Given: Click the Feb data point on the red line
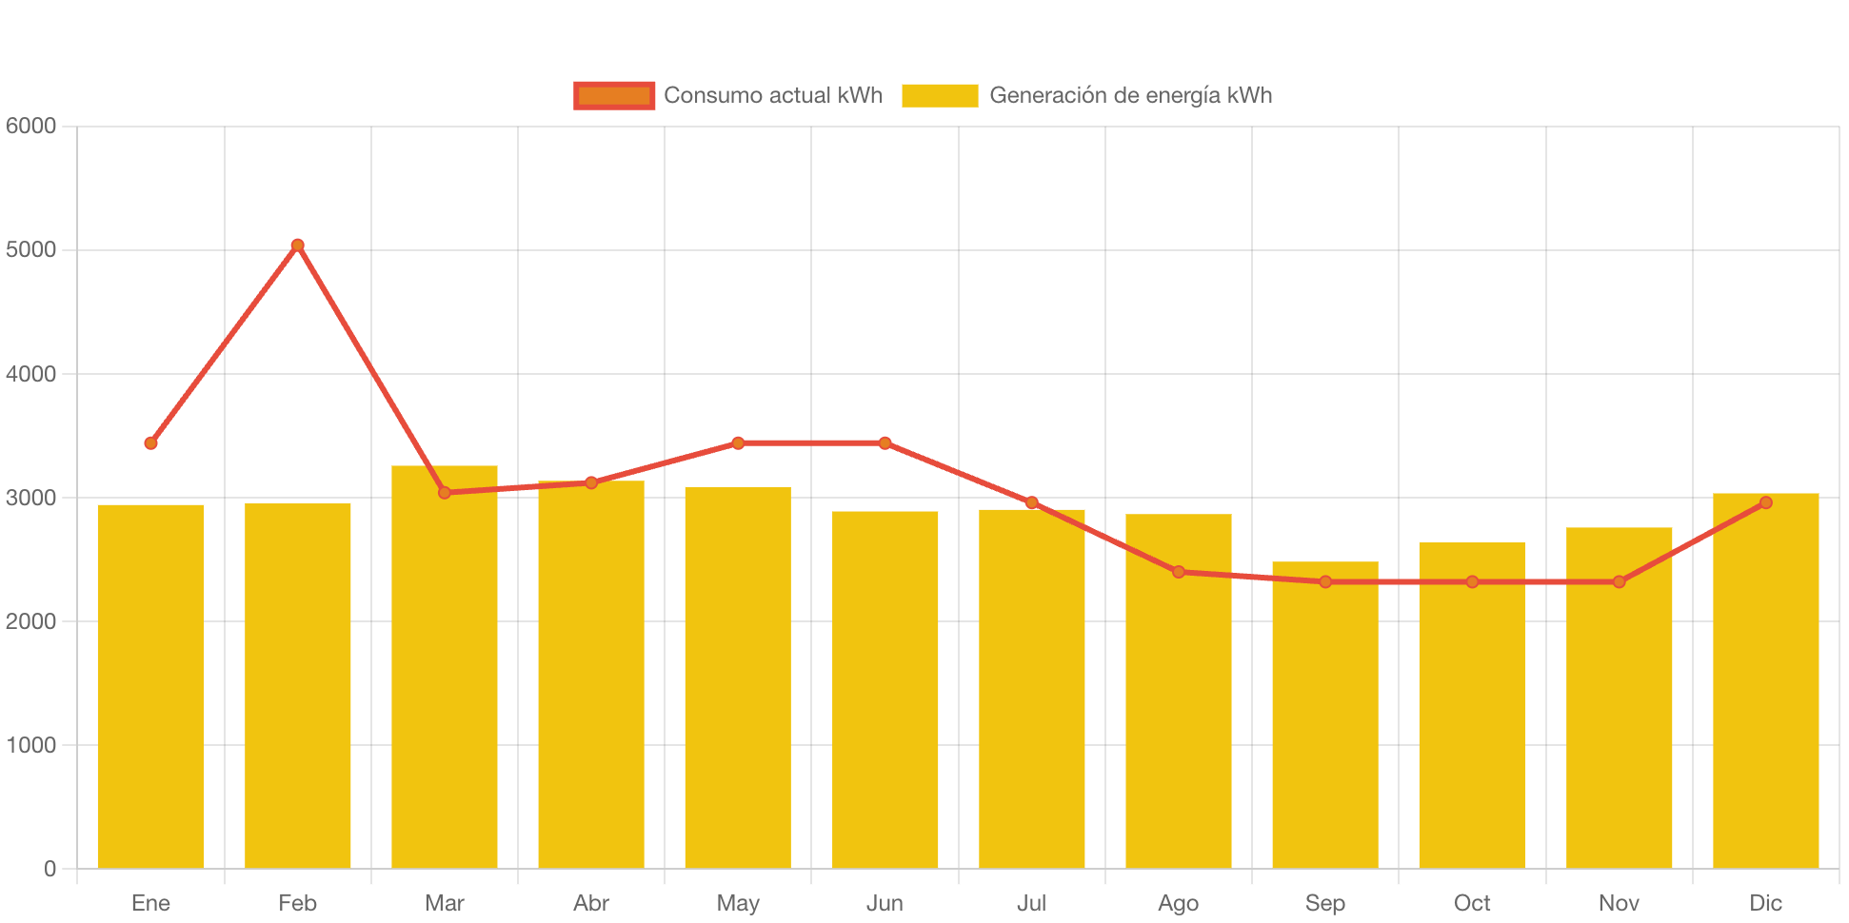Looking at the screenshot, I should tap(297, 245).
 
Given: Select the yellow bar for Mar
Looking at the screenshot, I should tap(445, 666).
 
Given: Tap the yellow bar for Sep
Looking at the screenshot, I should tap(1325, 714).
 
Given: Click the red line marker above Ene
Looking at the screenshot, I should tap(150, 443).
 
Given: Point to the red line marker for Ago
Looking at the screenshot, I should tap(1179, 572).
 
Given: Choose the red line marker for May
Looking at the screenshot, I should tap(738, 443).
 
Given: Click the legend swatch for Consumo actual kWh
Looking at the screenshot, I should tap(614, 95).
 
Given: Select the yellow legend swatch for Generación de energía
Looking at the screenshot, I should tap(940, 95).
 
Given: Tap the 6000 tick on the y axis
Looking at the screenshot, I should tap(31, 126).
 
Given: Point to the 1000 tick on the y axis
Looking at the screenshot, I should tap(31, 745).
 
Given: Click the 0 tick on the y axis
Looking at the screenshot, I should tap(50, 869).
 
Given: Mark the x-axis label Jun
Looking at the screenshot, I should tap(885, 903).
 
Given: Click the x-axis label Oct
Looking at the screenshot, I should tap(1472, 903).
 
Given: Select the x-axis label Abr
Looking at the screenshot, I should tap(591, 903).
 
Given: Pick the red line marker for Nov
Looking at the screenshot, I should tap(1619, 581).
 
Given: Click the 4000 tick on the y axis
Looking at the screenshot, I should tap(31, 374).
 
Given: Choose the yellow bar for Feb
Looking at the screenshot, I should tap(297, 685).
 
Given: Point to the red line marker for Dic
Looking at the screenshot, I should tap(1765, 502).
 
